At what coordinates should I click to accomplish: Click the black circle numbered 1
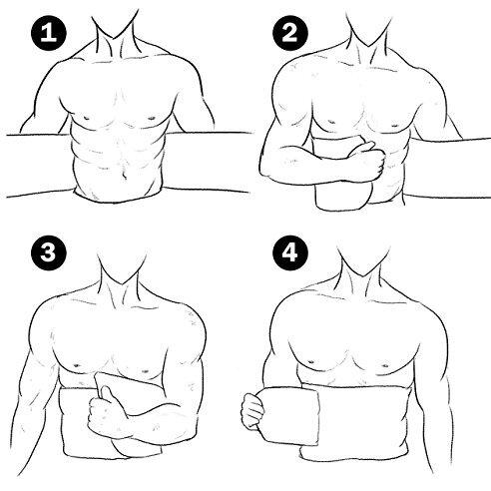[x=49, y=33]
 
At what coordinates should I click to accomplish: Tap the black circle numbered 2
[x=290, y=33]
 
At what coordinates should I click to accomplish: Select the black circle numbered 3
[x=49, y=252]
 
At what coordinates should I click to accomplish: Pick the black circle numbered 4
[x=290, y=252]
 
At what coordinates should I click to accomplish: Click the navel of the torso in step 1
[x=124, y=173]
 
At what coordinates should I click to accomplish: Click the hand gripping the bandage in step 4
[x=252, y=409]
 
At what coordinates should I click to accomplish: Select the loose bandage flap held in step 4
[x=287, y=416]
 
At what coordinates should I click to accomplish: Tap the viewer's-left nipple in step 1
[x=87, y=117]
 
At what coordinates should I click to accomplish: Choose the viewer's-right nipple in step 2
[x=394, y=126]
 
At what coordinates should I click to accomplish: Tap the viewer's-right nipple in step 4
[x=385, y=365]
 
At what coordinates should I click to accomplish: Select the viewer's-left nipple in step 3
[x=77, y=365]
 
